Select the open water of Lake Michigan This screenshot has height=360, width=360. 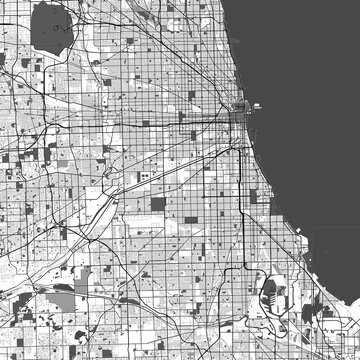310,120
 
